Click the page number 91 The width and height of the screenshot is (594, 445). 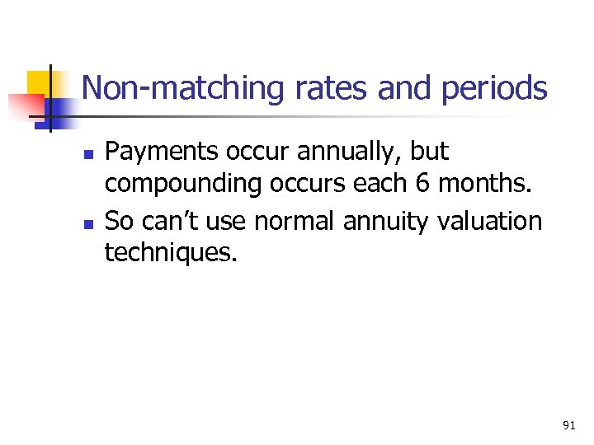pyautogui.click(x=568, y=425)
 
